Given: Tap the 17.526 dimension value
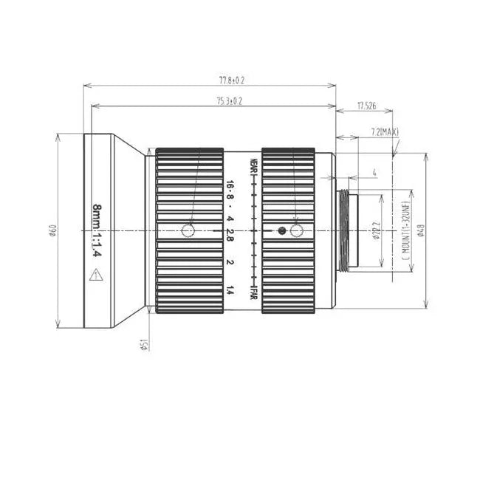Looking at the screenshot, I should (366, 106).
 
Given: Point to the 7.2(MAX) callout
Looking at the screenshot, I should (385, 132).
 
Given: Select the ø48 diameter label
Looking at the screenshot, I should (421, 231).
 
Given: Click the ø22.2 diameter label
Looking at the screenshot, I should (377, 231).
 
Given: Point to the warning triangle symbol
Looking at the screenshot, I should (95, 276).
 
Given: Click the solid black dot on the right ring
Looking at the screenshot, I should (281, 231).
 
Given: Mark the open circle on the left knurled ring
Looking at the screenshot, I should (188, 231).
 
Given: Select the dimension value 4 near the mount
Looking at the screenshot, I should (375, 174).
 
